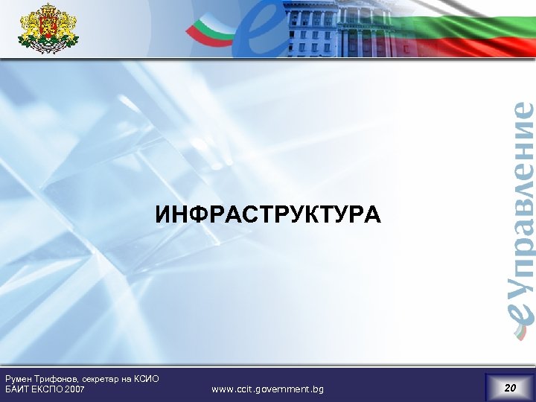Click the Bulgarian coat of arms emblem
48,28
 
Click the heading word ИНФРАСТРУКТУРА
267,215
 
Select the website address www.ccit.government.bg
267,389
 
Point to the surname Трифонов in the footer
58,379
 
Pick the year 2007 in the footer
77,389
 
